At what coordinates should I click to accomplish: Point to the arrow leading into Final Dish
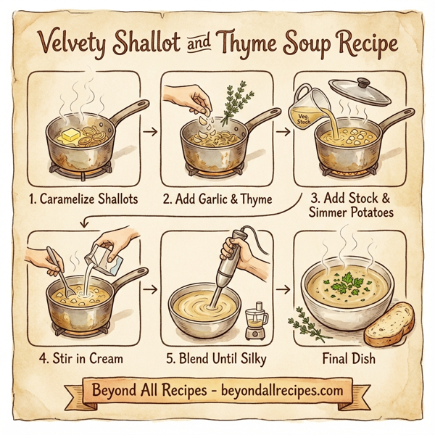click(283, 289)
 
